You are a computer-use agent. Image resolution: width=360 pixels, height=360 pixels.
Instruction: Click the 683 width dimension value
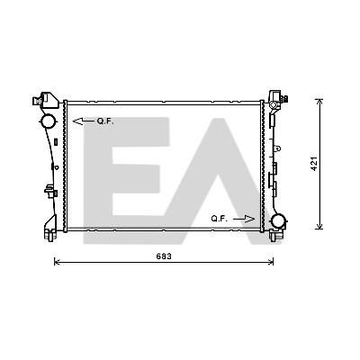pos(164,256)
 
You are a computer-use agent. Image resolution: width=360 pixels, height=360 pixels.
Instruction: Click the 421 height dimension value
pos(314,164)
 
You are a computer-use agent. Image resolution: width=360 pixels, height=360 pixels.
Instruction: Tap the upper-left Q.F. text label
pos(105,121)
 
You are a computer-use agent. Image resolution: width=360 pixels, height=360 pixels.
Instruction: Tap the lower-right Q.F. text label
pos(220,219)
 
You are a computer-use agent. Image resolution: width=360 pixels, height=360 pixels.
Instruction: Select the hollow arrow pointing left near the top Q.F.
pos(84,121)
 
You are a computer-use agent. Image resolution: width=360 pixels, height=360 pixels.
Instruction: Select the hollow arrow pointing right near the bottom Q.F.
pos(244,219)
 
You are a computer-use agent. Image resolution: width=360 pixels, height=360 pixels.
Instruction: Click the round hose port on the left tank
pos(48,121)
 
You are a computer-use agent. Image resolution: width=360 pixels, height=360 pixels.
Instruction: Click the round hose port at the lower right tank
pos(279,221)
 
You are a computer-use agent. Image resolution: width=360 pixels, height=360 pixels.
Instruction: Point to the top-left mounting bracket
pos(45,100)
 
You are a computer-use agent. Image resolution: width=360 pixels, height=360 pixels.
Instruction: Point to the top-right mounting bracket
pos(277,99)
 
